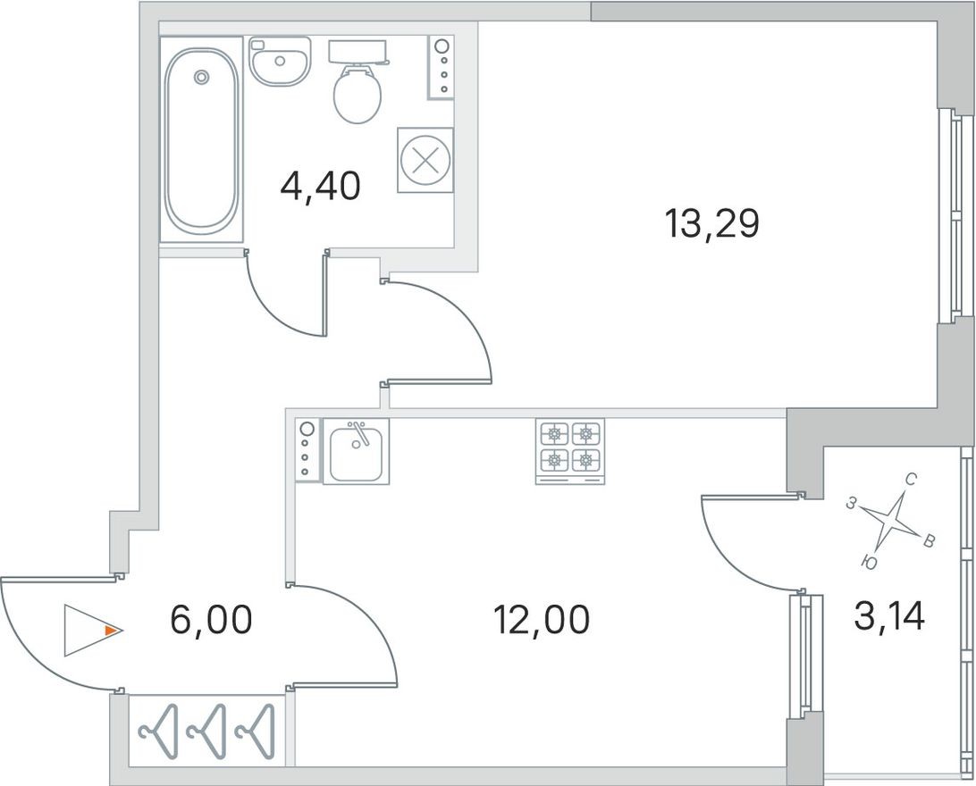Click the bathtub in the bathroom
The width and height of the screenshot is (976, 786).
click(201, 138)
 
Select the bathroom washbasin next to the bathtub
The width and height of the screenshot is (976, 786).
click(279, 61)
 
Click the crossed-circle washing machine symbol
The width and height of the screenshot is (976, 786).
click(425, 160)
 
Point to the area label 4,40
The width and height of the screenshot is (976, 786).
click(320, 188)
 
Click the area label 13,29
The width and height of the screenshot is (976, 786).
click(711, 223)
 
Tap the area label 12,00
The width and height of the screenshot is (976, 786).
click(543, 618)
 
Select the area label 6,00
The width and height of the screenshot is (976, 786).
click(211, 618)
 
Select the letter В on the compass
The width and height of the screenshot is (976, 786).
click(929, 540)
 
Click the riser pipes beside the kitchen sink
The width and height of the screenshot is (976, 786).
click(307, 451)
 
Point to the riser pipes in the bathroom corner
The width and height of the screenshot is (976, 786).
click(442, 67)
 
